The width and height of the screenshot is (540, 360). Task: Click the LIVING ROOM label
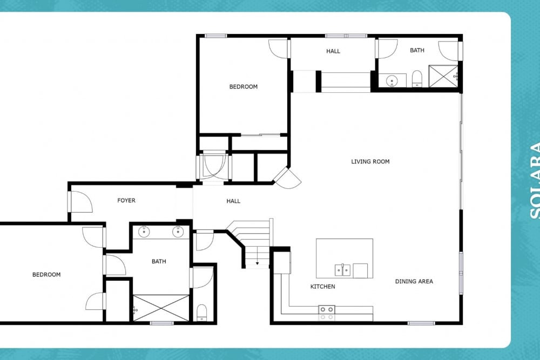click(x=370, y=161)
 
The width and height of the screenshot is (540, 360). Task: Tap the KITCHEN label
click(x=322, y=287)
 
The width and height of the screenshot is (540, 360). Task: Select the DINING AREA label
click(x=414, y=281)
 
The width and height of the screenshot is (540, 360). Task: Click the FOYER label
click(x=126, y=200)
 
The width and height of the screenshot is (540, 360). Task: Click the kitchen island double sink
click(x=343, y=269)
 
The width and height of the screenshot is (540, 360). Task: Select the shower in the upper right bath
click(x=443, y=76)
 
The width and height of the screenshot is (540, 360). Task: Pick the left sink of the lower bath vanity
click(x=144, y=232)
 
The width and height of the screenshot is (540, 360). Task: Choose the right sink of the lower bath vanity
click(x=178, y=232)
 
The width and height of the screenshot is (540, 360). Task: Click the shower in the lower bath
click(x=160, y=308)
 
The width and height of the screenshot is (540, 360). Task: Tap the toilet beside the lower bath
click(x=202, y=312)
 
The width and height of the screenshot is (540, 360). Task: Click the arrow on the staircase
click(x=258, y=263)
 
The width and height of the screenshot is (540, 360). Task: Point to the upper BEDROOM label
click(x=243, y=86)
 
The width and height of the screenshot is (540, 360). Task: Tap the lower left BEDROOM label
click(x=46, y=274)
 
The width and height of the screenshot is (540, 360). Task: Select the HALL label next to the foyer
click(x=233, y=201)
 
